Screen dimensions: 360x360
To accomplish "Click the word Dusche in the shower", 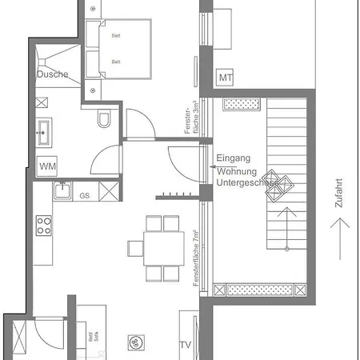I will (52, 74).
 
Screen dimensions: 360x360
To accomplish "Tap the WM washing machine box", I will (48, 166).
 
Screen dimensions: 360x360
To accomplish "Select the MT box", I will (225, 78).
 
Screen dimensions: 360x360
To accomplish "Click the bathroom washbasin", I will (43, 130).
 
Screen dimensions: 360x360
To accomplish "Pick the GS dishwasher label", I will (84, 195).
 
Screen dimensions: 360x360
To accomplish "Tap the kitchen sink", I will (61, 192).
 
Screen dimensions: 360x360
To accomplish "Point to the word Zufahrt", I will (340, 193).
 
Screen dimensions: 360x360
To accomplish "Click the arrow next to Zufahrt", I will (341, 238).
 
